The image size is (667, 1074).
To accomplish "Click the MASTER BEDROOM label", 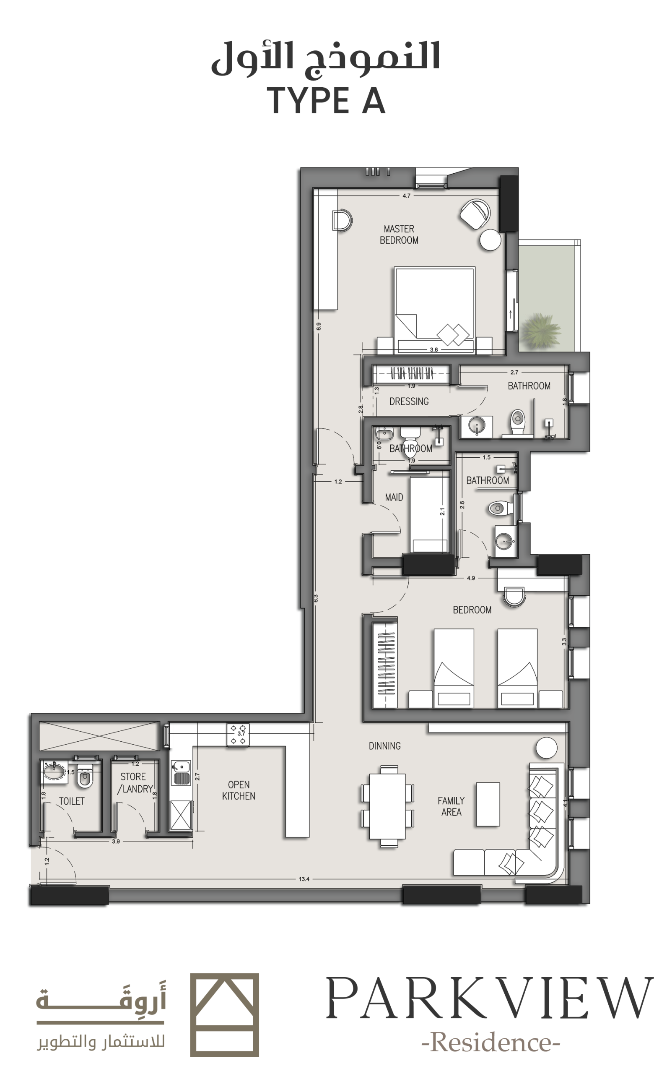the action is pos(399,235).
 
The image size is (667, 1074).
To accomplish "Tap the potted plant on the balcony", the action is pos(540,330).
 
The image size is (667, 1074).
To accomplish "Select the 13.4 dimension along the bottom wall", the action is pos(304,879).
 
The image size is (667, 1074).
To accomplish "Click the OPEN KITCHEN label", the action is pos(239,790).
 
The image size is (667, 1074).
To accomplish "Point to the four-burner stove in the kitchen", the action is pos(238,735).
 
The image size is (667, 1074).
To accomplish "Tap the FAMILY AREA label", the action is pos(451,806).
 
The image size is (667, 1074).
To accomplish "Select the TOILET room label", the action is pos(71,801).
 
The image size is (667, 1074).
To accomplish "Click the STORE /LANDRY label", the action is pos(135,783).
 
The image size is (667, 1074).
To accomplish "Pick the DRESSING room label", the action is pos(409,401).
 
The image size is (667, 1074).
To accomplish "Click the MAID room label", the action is pos(394,498).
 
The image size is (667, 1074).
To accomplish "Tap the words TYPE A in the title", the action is pos(326,101).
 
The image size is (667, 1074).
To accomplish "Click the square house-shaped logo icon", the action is pos(225,1015).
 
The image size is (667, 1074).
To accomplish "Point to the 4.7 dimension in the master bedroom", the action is pos(406,196).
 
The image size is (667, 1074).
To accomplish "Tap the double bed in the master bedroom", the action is pos(434,310).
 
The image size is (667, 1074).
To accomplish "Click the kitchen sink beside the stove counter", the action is pos(180,773).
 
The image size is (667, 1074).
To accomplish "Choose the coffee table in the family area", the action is pos(488,804).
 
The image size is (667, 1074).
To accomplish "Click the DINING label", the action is pos(385,746).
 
